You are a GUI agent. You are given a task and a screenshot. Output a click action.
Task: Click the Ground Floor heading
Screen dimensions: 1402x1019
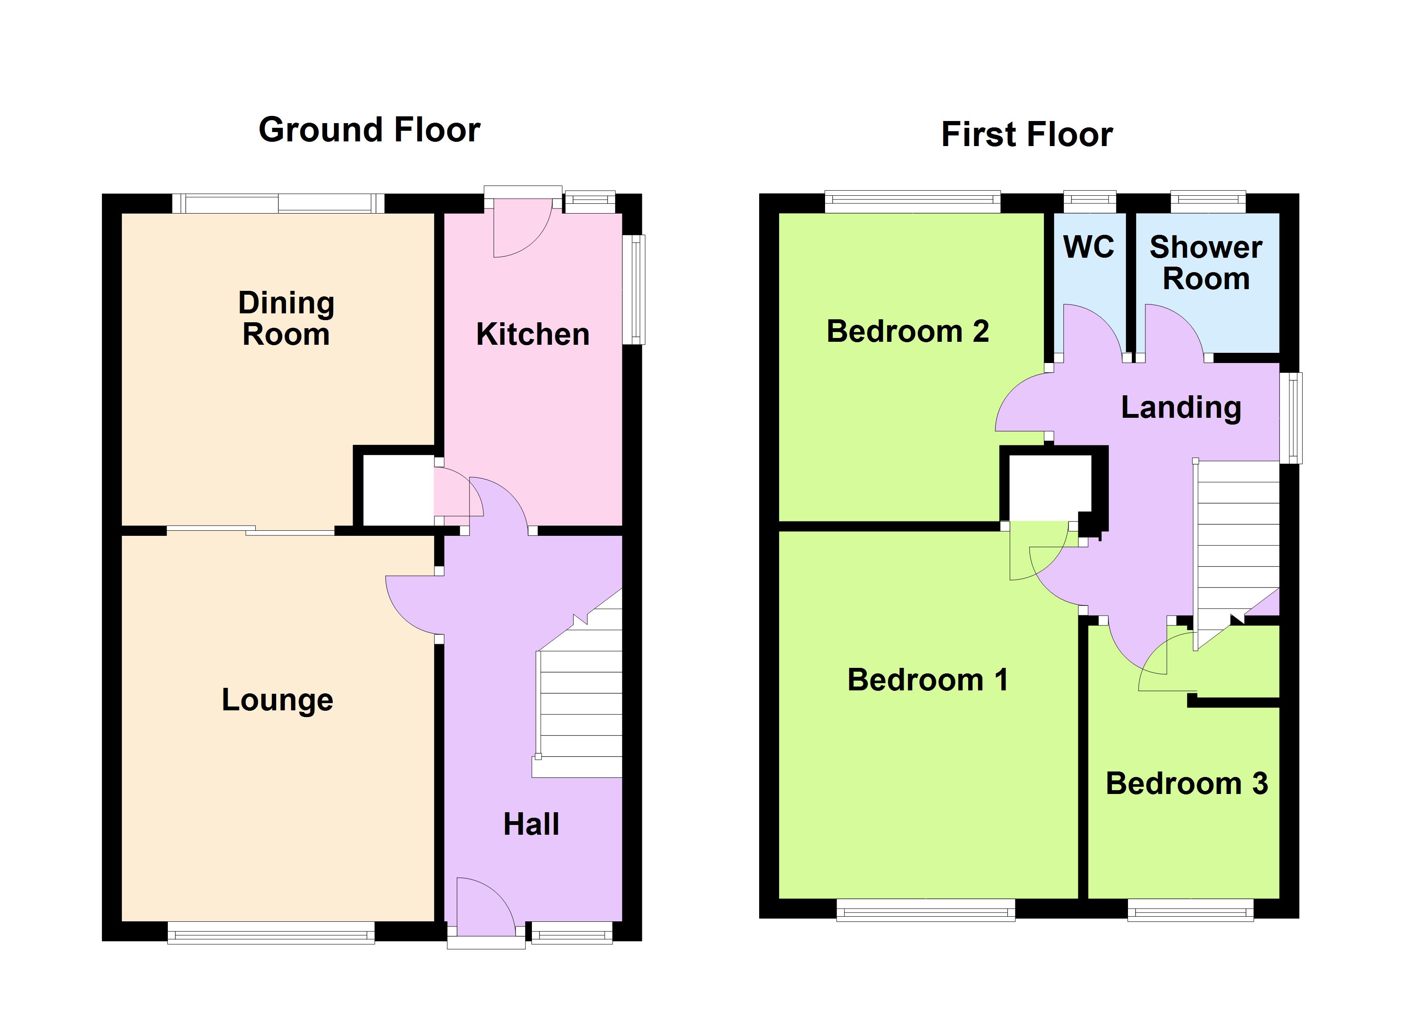[x=369, y=130]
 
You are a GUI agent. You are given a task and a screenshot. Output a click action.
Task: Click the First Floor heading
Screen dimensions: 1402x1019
[x=1027, y=135]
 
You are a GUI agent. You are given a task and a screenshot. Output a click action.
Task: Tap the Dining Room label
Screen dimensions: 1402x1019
[x=286, y=318]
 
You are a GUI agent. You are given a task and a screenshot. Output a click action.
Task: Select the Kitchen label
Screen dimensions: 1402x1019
[x=532, y=334]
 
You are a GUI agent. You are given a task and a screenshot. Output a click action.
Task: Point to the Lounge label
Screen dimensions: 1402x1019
[x=277, y=701]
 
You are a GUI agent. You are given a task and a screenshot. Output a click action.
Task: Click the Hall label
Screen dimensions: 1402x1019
[x=531, y=825]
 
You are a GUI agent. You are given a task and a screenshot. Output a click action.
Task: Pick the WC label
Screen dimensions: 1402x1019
[x=1088, y=247]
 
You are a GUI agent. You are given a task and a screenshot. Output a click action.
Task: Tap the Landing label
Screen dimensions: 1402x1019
[x=1182, y=408]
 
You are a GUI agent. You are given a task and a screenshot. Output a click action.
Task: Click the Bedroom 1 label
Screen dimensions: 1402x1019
[x=928, y=680]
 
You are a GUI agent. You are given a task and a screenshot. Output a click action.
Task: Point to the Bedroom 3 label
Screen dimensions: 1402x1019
[x=1187, y=783]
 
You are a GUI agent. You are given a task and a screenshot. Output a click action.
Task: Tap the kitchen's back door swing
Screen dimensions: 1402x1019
[x=522, y=228]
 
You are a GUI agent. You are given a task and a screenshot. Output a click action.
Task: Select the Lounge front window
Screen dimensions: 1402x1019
[x=271, y=932]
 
